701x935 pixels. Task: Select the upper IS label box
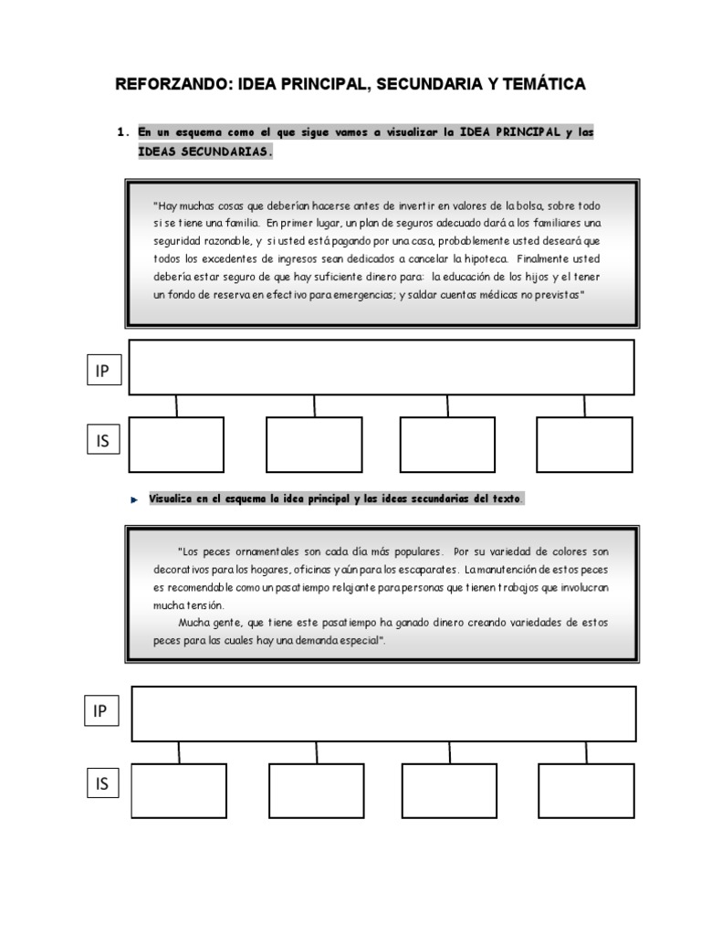[102, 441]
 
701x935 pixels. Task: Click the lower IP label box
[100, 711]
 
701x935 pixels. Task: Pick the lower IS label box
[102, 783]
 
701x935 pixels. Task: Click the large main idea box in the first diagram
[382, 367]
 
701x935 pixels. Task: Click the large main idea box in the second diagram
[383, 714]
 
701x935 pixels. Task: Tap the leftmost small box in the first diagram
[176, 445]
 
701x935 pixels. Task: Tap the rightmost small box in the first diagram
[584, 445]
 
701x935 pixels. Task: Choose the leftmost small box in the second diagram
[179, 791]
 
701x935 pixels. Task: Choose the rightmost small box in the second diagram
[586, 791]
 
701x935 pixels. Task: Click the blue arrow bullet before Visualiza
[133, 499]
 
